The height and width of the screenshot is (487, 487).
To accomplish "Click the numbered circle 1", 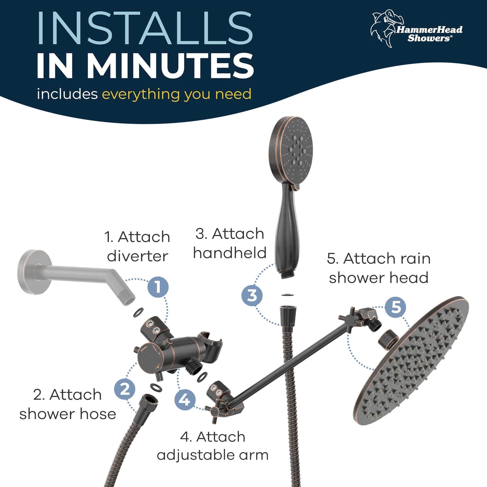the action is tap(158, 287).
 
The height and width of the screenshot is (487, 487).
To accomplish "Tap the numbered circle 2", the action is tap(124, 389).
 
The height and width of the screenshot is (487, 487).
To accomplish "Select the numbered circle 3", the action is tap(252, 295).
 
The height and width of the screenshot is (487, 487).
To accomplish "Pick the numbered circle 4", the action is tap(185, 400).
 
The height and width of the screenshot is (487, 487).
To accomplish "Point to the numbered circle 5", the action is tap(395, 307).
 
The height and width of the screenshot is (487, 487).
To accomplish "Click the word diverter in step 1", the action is tap(137, 256).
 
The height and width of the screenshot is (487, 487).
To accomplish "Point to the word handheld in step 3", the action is tap(230, 253).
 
